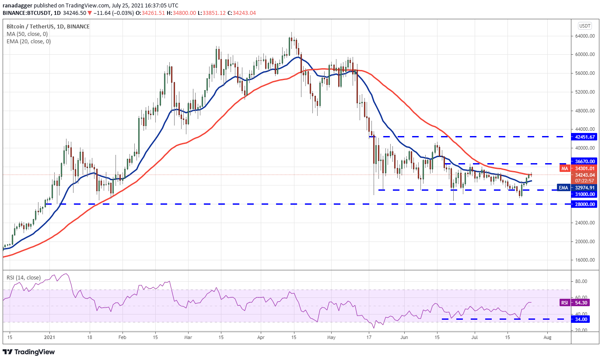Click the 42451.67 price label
click(x=586, y=137)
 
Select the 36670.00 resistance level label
click(x=586, y=161)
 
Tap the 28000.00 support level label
click(x=586, y=204)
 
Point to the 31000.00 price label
click(x=586, y=194)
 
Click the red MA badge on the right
click(x=564, y=168)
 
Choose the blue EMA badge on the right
click(x=564, y=188)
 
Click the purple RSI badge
click(x=564, y=303)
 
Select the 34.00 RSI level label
click(x=582, y=319)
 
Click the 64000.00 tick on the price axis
click(x=586, y=36)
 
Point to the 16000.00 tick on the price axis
click(x=586, y=260)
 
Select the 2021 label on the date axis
click(x=50, y=338)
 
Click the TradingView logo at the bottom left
click(x=29, y=352)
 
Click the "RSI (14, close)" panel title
click(x=23, y=277)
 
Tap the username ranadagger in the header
click(x=17, y=6)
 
